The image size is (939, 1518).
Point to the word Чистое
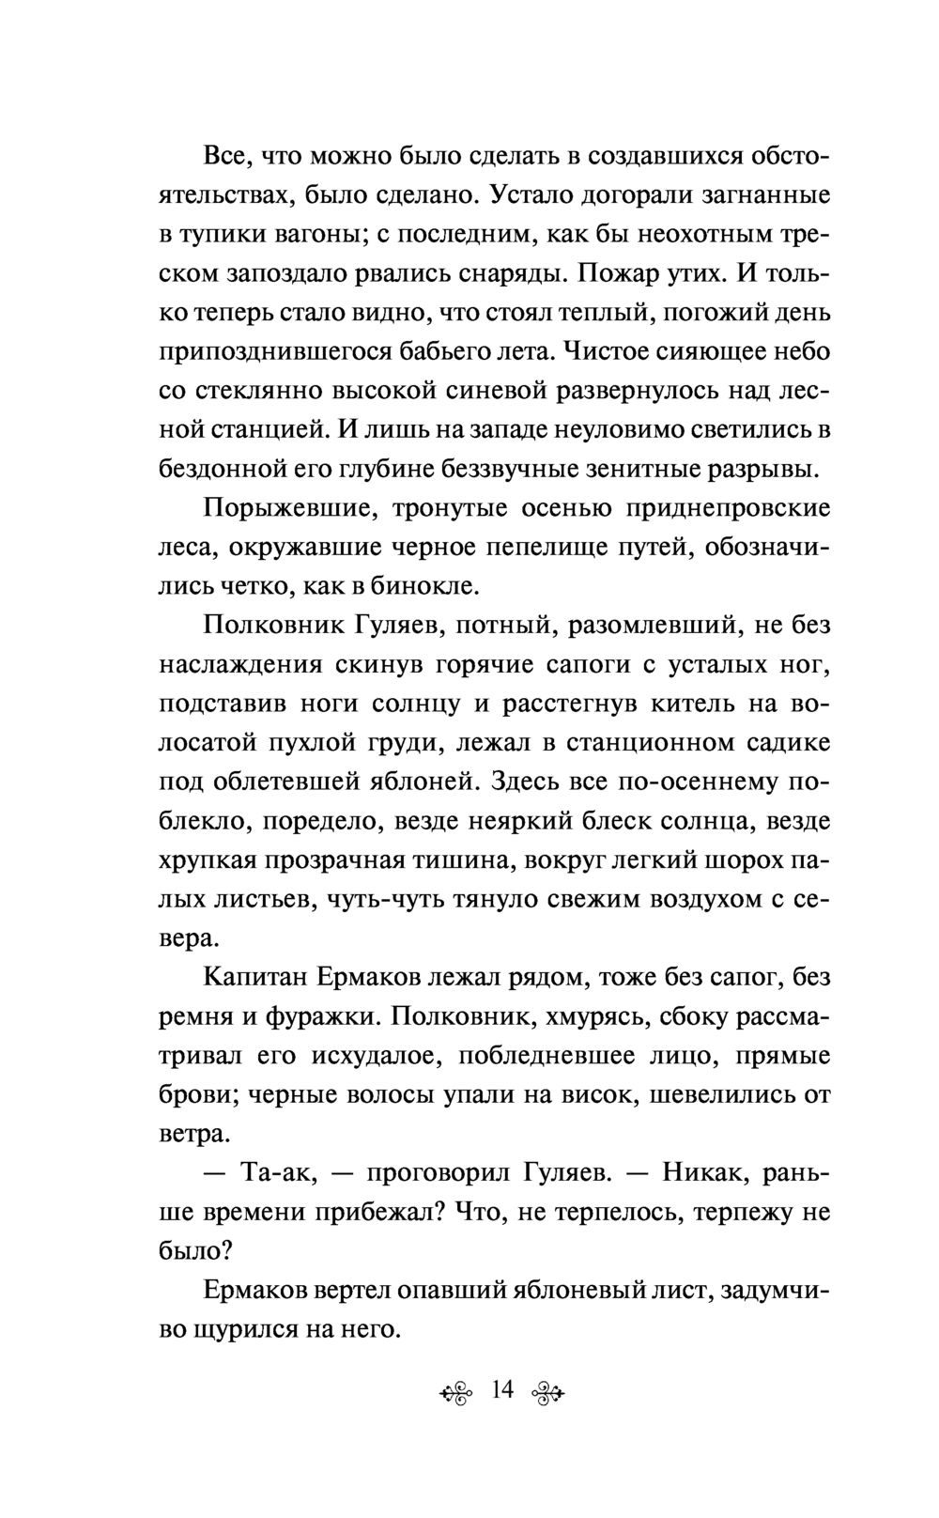(600, 351)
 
